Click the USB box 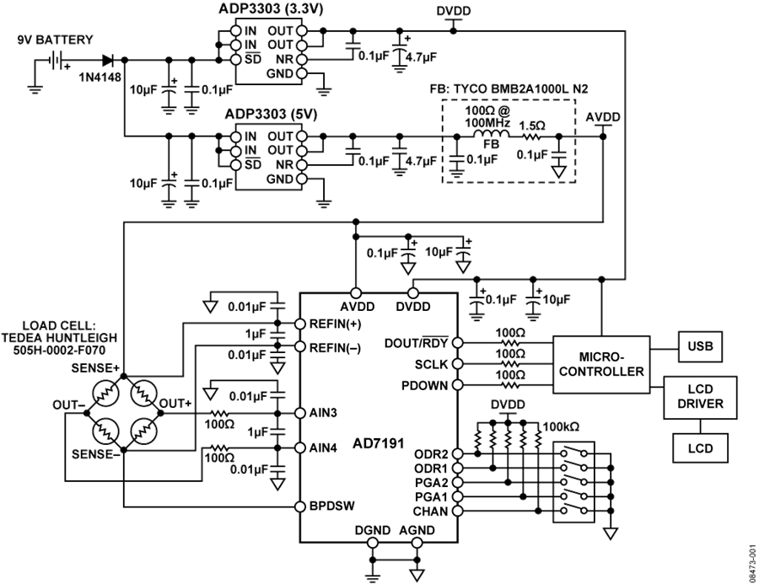point(700,346)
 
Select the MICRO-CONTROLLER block point(601,365)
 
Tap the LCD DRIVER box point(700,397)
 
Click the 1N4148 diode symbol point(109,60)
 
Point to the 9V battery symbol point(57,60)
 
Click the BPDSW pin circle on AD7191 point(300,506)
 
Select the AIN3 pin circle point(300,413)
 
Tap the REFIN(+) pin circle point(300,324)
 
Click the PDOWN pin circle point(456,386)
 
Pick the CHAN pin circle point(456,511)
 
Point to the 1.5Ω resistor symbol point(532,137)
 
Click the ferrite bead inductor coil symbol point(492,135)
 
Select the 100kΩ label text point(561,426)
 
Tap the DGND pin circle point(372,543)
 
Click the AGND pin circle point(417,543)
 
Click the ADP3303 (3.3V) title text point(271,8)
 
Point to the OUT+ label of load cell point(175,403)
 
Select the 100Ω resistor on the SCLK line point(510,364)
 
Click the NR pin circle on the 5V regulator point(301,165)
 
